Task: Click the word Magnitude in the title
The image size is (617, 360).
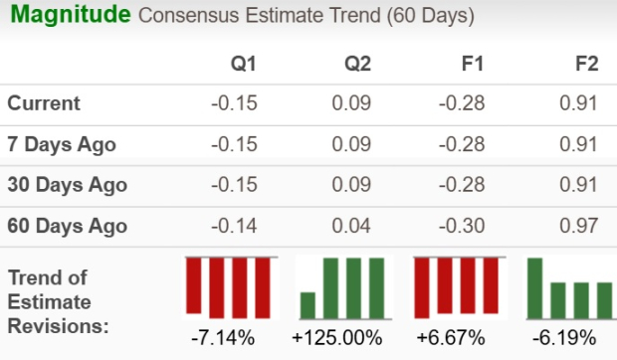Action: click(x=67, y=16)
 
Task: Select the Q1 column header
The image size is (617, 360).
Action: click(x=243, y=65)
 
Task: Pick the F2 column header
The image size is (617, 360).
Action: click(x=586, y=65)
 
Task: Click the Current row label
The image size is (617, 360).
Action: click(x=44, y=103)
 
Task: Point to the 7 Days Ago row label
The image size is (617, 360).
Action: click(x=62, y=144)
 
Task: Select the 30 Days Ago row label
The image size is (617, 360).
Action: click(x=67, y=185)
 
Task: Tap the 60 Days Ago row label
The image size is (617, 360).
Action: click(x=67, y=226)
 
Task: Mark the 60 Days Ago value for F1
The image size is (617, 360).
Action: click(x=465, y=226)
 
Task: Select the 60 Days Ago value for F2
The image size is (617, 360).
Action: click(x=580, y=226)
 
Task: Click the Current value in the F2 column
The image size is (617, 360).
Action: click(x=580, y=103)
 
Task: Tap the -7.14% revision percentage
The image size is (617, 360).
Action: click(x=227, y=337)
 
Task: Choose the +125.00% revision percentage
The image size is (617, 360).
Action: click(x=337, y=337)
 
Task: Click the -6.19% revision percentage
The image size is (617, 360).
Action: click(x=565, y=337)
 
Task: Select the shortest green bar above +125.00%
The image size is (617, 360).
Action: click(x=308, y=303)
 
